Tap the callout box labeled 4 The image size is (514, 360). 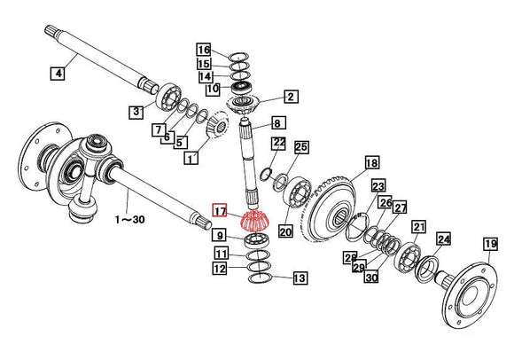58,74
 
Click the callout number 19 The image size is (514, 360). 490,244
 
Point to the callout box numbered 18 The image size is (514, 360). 371,162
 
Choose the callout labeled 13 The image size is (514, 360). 300,278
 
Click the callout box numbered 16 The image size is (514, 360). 204,50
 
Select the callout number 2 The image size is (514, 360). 290,97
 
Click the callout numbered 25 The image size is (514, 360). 300,146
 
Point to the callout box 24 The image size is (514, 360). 443,239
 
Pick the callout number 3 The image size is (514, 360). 136,112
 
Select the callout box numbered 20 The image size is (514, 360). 284,231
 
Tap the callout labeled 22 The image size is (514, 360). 277,142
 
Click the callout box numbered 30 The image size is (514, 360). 370,278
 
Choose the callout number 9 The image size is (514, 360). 219,236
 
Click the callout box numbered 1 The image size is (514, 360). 190,158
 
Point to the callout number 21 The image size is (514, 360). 419,226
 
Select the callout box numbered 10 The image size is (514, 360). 213,89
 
